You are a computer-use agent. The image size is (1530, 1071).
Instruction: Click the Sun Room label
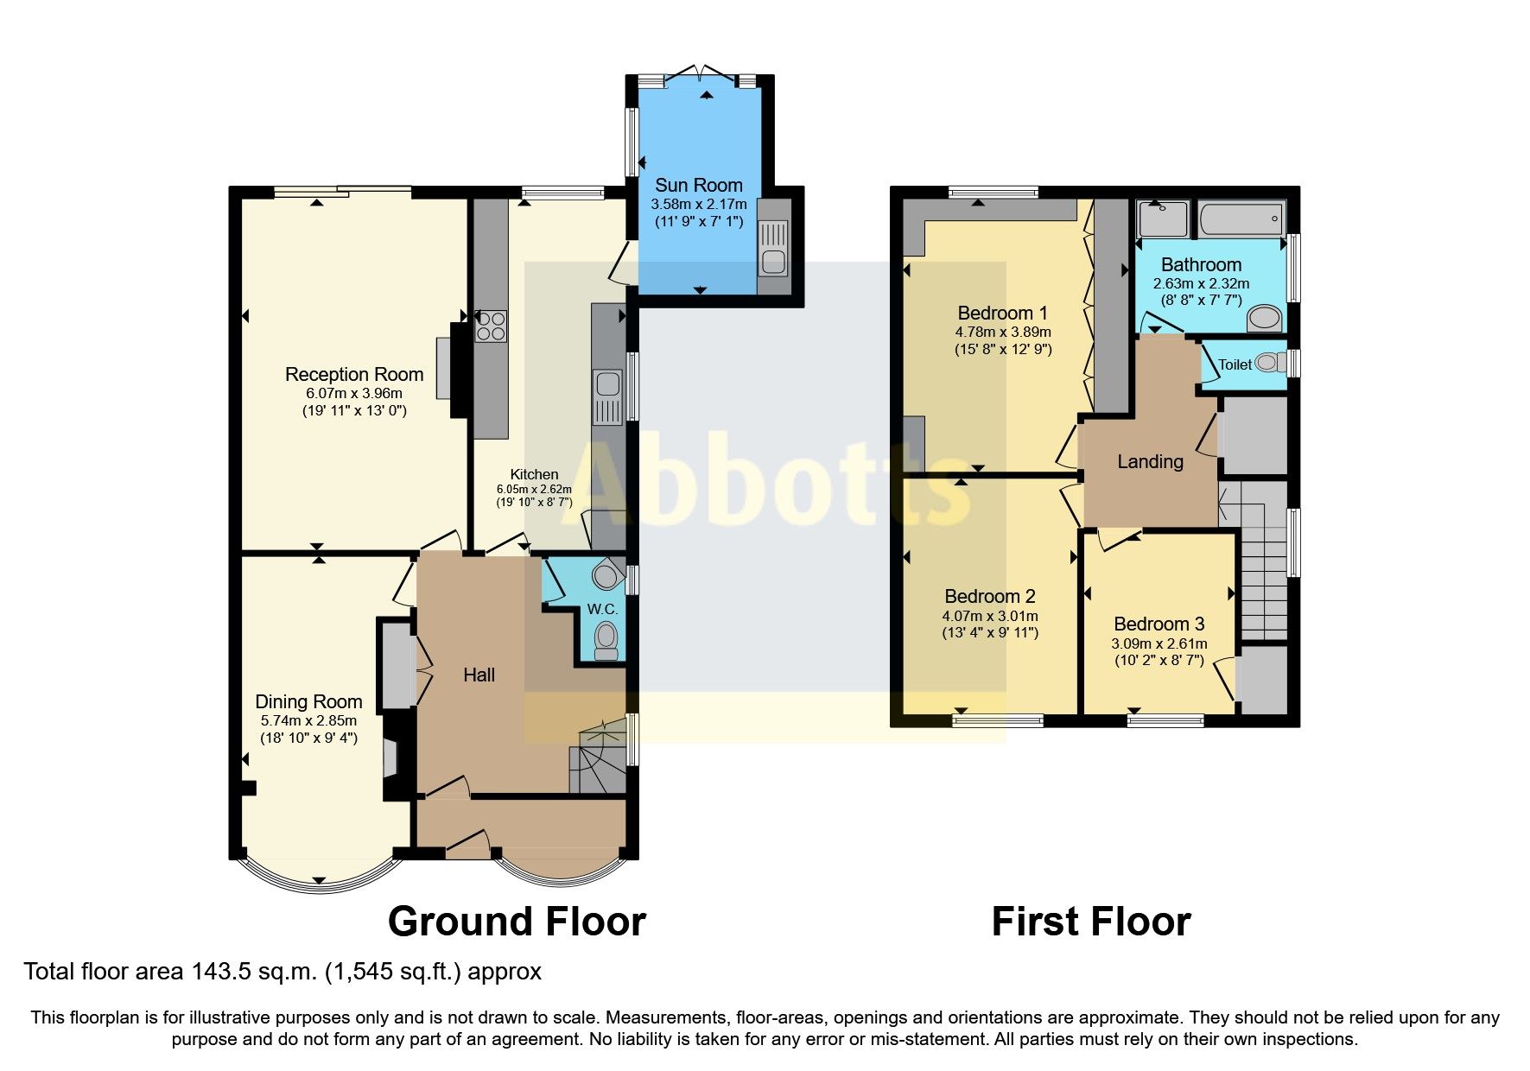pos(698,185)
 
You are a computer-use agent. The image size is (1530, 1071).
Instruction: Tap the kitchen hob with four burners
pos(491,326)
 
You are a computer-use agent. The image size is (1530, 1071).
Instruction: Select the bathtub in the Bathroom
pos(1241,219)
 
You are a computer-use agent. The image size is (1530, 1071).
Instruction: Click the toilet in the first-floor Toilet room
pos(1268,363)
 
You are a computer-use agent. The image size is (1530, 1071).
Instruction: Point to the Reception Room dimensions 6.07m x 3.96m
pos(353,393)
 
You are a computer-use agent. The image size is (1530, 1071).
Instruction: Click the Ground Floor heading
pos(517,922)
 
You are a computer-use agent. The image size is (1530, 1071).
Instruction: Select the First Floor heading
pos(1090,922)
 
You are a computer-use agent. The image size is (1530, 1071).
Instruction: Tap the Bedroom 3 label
pos(1159,624)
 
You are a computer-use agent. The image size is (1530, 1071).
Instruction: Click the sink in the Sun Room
pos(774,247)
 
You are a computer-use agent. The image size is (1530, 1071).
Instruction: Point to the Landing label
pos(1150,461)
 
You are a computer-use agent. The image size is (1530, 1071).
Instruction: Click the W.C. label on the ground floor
pos(602,609)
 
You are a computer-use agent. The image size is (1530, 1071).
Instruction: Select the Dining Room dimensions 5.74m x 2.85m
pos(308,720)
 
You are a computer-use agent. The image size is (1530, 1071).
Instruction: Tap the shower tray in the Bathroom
pos(1163,219)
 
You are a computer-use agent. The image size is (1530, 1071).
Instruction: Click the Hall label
pos(479,675)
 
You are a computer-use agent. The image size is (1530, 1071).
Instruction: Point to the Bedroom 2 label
pos(989,596)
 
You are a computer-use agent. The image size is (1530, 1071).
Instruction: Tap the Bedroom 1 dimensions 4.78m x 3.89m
pos(1002,332)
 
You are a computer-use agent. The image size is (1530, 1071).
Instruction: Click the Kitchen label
pos(534,474)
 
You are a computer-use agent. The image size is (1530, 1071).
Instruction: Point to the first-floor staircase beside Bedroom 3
pos(1263,570)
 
